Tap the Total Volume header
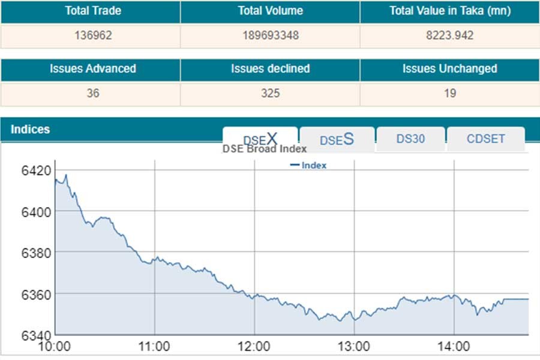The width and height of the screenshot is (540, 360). coord(270,11)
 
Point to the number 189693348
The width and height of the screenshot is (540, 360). coord(270,35)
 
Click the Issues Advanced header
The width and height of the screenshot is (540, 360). coord(92,69)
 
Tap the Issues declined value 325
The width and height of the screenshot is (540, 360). coord(270,93)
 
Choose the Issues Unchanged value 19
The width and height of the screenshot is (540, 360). coord(450,93)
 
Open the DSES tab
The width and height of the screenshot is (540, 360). coord(337,140)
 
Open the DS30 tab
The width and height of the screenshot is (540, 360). coord(410,139)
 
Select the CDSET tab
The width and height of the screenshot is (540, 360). coord(485,139)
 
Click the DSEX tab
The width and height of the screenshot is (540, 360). coord(260,139)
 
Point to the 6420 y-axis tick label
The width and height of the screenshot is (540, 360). coord(37,171)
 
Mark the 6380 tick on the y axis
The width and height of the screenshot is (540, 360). coord(37,253)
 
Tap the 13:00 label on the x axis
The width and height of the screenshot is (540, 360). coord(354,346)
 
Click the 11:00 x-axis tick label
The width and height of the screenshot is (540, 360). coord(155,346)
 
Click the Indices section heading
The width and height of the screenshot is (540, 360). coord(31,130)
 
